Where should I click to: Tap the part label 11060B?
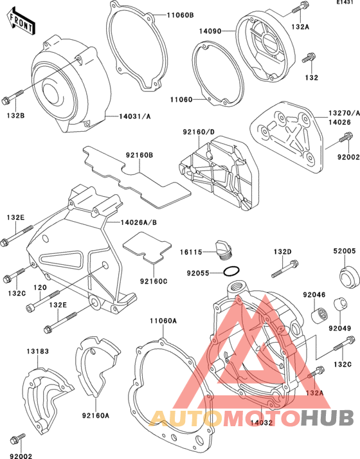[x=180, y=15]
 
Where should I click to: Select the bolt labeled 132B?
[x=12, y=97]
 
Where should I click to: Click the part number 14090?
[x=210, y=31]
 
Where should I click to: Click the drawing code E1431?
[x=347, y=2]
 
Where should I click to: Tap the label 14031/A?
[x=134, y=116]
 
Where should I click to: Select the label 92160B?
[x=139, y=155]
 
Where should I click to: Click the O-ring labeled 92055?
[x=231, y=271]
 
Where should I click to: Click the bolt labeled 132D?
[x=285, y=269]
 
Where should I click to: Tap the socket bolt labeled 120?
[x=42, y=300]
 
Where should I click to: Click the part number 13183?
[x=38, y=351]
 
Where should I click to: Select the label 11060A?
[x=163, y=321]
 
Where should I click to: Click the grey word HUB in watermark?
[x=328, y=417]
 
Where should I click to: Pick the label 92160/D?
[x=199, y=132]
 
